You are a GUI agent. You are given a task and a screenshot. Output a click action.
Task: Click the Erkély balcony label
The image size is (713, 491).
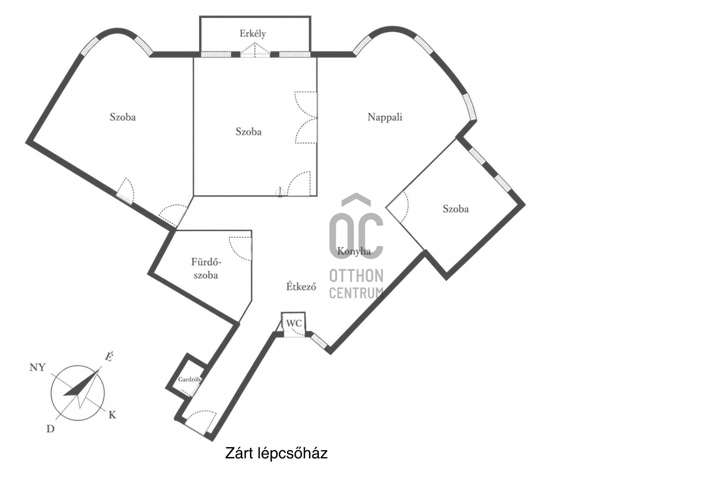pyautogui.click(x=253, y=34)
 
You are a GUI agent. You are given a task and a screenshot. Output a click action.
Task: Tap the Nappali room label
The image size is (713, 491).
pyautogui.click(x=385, y=118)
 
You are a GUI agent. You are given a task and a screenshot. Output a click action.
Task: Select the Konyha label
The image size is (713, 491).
pyautogui.click(x=354, y=252)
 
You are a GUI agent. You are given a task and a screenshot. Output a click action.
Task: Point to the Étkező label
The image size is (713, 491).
pyautogui.click(x=301, y=286)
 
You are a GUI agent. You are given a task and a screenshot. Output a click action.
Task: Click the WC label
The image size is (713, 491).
pyautogui.click(x=294, y=323)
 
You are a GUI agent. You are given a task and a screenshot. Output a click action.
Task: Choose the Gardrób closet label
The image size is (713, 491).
pyautogui.click(x=189, y=380)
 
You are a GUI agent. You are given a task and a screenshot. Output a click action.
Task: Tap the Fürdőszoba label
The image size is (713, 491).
pyautogui.click(x=206, y=269)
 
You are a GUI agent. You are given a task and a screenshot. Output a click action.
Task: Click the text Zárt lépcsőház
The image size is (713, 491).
pyautogui.click(x=276, y=453)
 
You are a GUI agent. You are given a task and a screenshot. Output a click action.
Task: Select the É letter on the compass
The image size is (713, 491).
pyautogui.click(x=109, y=357)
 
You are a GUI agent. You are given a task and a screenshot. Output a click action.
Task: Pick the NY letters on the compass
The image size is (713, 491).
pyautogui.click(x=37, y=368)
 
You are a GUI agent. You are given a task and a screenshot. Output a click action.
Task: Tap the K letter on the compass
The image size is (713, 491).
pyautogui.click(x=112, y=415)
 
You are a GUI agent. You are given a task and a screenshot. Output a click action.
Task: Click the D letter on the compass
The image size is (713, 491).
pyautogui.click(x=51, y=429)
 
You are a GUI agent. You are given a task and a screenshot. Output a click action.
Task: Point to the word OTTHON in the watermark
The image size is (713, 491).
pyautogui.click(x=356, y=276)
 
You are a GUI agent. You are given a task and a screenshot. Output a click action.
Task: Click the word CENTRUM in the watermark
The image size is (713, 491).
pyautogui.click(x=356, y=293)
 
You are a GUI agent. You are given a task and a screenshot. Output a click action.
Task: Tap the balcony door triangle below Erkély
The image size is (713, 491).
pyautogui.click(x=255, y=50)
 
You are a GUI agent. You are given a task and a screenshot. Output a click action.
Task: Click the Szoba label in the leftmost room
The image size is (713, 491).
pyautogui.click(x=123, y=118)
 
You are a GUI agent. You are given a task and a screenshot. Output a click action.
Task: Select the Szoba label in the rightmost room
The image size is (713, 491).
pyautogui.click(x=456, y=209)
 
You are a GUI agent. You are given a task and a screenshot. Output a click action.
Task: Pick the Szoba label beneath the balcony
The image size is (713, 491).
pyautogui.click(x=249, y=131)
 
